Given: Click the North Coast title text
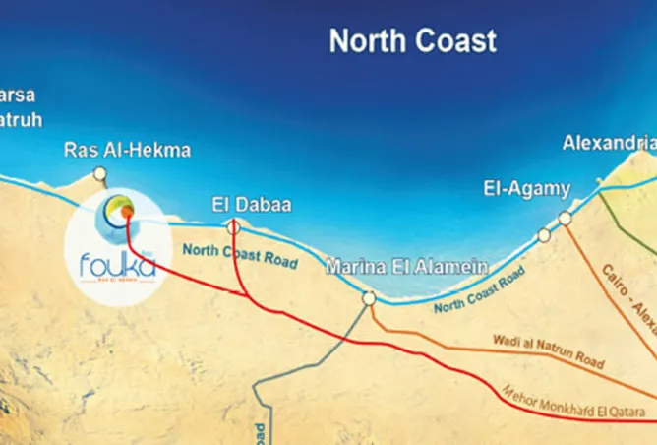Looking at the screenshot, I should (x=412, y=41).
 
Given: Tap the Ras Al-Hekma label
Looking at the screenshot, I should (x=127, y=151).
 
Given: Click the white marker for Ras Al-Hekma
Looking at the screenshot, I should (x=99, y=174).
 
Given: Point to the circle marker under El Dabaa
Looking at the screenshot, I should (x=233, y=227).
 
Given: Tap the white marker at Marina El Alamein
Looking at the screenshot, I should (x=368, y=298).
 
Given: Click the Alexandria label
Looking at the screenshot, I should (x=608, y=144).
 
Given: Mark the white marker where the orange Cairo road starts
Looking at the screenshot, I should (x=565, y=218).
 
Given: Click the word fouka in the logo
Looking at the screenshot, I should (x=100, y=262).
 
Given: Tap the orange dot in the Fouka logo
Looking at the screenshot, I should (x=126, y=211).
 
